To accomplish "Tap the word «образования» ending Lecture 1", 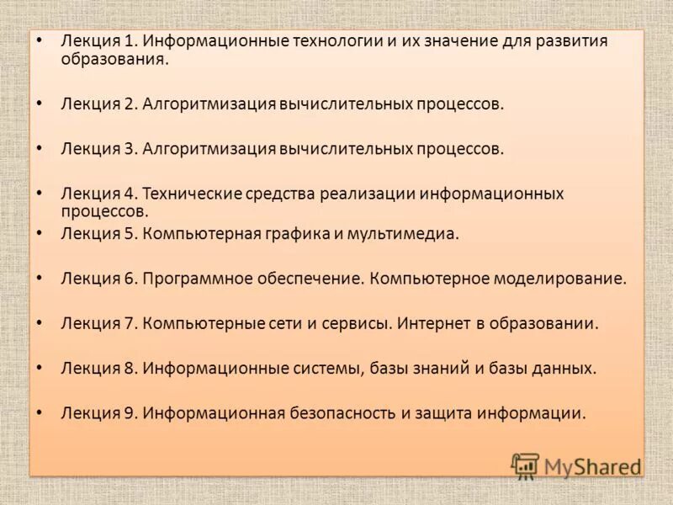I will pyautogui.click(x=114, y=60).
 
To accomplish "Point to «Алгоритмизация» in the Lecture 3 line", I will pyautogui.click(x=209, y=149).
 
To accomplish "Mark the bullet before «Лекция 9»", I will pyautogui.click(x=40, y=411).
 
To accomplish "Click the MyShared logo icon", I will pyautogui.click(x=525, y=465).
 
